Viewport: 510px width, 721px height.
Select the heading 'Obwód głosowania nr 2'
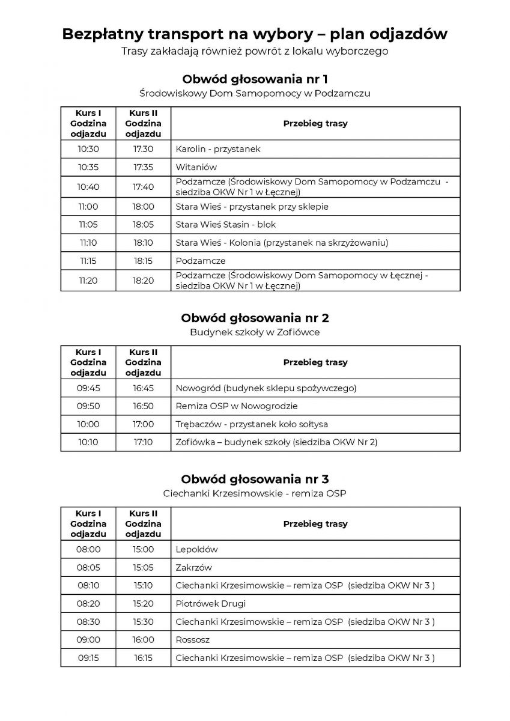(255, 318)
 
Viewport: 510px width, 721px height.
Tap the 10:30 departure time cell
(88, 149)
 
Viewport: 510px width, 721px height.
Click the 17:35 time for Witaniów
(143, 167)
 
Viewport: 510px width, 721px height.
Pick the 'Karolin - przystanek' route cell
(218, 149)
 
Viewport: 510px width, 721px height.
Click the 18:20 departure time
(143, 281)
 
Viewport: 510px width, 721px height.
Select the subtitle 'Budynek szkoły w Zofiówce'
(255, 332)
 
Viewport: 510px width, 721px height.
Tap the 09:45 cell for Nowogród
(88, 388)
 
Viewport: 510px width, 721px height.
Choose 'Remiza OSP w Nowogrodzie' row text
(236, 406)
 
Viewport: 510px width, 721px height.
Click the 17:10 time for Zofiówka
(143, 442)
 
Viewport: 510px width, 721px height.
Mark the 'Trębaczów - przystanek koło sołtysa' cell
(252, 424)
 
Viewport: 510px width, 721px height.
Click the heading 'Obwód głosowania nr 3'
(255, 479)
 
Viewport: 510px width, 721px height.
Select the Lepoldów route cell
(196, 549)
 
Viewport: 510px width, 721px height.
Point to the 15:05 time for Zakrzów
(143, 567)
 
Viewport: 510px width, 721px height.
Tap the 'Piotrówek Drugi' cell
(211, 603)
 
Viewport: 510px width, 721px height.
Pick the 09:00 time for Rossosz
(88, 640)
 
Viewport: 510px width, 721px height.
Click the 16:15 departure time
(143, 658)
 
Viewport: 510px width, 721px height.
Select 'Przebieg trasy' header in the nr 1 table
(315, 123)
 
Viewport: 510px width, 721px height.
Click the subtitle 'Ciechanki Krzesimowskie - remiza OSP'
(255, 493)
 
